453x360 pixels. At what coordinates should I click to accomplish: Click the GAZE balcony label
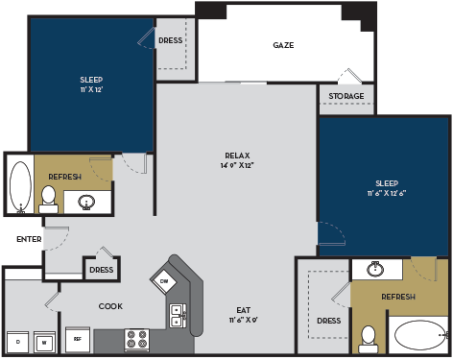(283, 45)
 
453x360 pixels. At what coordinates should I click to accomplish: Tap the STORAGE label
(346, 96)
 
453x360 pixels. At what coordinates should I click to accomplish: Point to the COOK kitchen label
(109, 306)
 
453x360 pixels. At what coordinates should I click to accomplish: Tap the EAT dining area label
(244, 309)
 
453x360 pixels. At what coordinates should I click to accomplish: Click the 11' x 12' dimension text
(91, 89)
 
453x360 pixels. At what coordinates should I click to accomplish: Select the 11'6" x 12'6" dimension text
(386, 193)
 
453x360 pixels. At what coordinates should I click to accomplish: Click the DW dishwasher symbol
(164, 280)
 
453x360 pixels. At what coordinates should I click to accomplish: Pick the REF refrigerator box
(77, 340)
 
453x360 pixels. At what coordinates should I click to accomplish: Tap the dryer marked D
(16, 341)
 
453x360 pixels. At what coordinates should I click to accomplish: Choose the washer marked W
(44, 341)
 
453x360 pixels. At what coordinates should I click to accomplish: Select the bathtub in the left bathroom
(18, 186)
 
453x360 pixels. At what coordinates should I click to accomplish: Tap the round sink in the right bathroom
(376, 270)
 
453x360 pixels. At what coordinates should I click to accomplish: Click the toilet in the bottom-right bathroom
(368, 337)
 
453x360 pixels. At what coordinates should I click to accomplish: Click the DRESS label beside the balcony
(171, 40)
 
